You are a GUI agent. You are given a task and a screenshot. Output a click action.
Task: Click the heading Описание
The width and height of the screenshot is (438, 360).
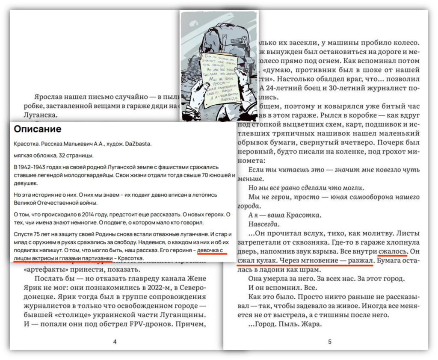[x=38, y=129]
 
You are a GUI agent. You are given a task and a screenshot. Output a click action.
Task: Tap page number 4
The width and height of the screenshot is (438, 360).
[x=114, y=341]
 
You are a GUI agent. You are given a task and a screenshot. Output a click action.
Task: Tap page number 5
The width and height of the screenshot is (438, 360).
[x=329, y=341]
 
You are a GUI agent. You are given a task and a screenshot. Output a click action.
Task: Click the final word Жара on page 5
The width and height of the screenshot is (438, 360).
[x=310, y=324]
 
